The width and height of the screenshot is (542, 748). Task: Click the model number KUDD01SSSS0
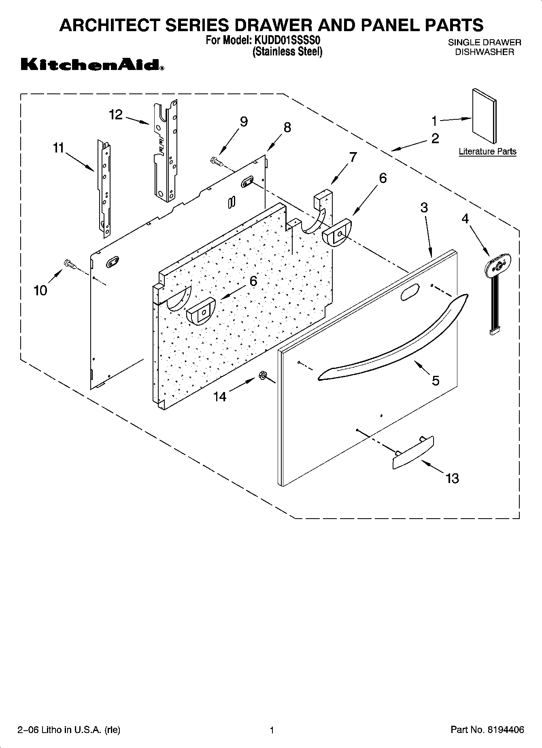click(x=287, y=40)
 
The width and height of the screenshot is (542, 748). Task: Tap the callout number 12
click(x=116, y=115)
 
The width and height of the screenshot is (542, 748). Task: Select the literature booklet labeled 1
click(x=484, y=116)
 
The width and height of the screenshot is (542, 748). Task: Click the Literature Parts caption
click(x=487, y=152)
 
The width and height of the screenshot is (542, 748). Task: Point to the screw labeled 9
click(x=215, y=161)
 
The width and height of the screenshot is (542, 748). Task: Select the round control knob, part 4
click(x=498, y=265)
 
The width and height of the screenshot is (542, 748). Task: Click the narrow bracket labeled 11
click(x=104, y=186)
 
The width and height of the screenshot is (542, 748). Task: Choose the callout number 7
click(x=353, y=157)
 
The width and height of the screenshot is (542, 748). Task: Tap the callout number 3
click(x=423, y=208)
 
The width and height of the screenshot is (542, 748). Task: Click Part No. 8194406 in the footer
click(x=487, y=730)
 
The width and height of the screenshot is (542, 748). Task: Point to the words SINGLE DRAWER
click(x=484, y=42)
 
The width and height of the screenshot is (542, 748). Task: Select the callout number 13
click(x=452, y=479)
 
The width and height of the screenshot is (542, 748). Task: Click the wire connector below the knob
click(x=495, y=332)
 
